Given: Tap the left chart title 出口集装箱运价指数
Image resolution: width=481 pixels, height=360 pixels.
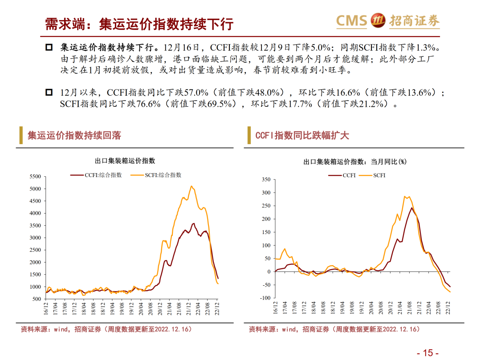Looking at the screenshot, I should (125, 161).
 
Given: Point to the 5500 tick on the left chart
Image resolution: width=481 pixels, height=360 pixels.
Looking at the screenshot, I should (35, 177).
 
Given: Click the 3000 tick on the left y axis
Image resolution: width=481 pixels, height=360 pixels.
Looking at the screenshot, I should (35, 238).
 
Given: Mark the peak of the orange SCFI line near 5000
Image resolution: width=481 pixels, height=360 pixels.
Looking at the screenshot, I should (192, 186).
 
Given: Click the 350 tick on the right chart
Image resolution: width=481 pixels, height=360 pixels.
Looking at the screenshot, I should (266, 179).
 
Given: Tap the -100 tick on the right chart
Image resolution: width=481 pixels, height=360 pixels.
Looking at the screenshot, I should (265, 298).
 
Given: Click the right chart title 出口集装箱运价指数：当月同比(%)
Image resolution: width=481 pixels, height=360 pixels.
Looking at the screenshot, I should (355, 162).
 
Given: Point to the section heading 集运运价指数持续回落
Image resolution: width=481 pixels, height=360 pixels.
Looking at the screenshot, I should (74, 135).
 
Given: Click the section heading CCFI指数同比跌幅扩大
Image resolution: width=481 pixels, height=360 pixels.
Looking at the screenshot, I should (302, 135).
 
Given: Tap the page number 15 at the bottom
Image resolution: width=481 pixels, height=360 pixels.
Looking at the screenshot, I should (428, 353).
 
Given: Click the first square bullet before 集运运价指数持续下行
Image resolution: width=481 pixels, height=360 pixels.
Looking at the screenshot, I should (49, 47).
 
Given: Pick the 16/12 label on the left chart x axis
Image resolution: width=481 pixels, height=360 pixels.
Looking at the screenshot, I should (46, 308).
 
